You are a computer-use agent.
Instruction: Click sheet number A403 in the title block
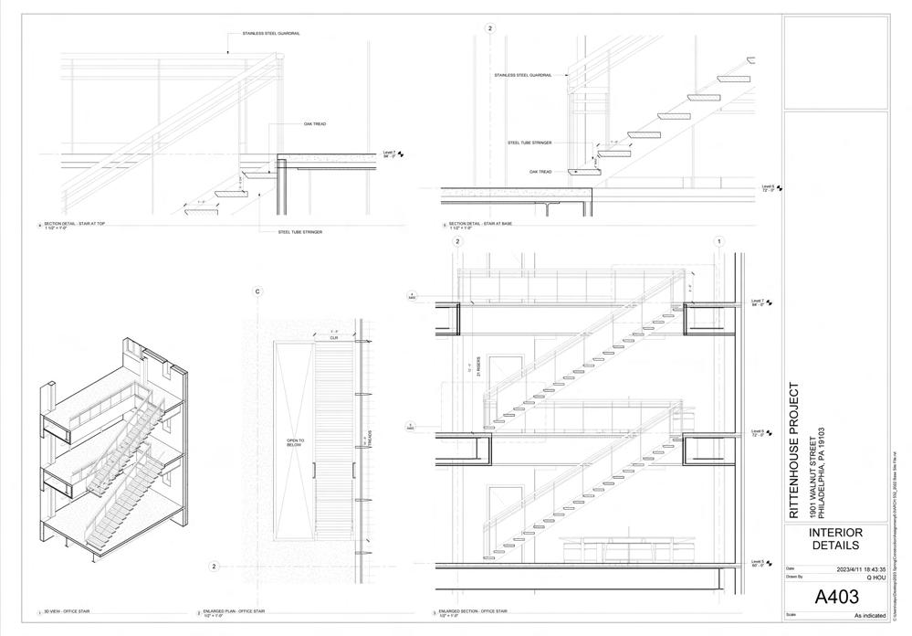(x=837, y=599)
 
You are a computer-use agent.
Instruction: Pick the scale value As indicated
(x=869, y=616)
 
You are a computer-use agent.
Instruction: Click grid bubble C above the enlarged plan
(x=258, y=291)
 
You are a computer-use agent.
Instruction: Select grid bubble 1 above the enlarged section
(x=719, y=242)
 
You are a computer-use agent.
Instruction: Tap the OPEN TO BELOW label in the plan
(x=295, y=444)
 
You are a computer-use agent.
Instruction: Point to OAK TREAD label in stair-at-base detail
(x=540, y=171)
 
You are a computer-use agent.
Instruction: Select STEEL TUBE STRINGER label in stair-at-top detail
(x=299, y=232)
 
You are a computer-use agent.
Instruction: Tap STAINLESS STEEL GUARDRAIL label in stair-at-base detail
(x=523, y=75)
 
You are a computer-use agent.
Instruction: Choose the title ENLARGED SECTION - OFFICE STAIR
(x=477, y=610)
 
